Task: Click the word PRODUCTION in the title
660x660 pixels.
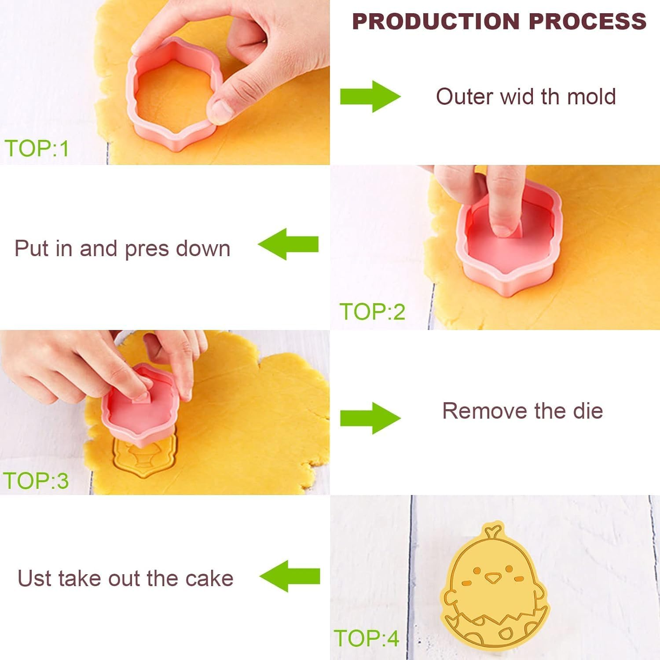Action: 436,22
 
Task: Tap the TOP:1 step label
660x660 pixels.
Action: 37,148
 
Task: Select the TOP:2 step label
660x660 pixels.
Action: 372,312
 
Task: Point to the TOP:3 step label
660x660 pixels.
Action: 36,480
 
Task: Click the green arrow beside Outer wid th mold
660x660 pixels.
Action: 370,96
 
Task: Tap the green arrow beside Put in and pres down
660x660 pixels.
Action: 288,244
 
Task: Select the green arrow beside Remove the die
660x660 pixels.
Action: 370,418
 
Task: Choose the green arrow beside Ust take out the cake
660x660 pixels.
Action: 290,576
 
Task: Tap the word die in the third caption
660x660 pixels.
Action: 588,411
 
